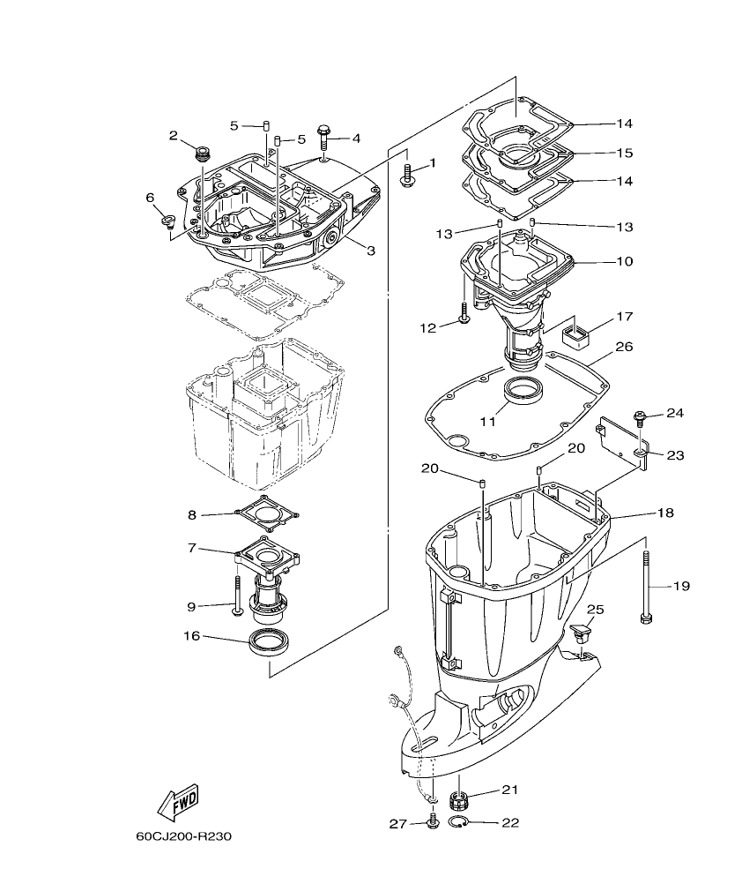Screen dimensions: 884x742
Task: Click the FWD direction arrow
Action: pos(177,803)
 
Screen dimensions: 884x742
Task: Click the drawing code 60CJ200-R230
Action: pos(184,836)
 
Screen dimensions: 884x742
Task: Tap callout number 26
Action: pos(624,347)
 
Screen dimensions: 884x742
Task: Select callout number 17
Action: pos(624,315)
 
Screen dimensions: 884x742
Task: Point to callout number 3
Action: pos(371,251)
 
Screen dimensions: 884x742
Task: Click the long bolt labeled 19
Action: pos(648,586)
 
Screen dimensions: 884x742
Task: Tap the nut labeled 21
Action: pos(458,801)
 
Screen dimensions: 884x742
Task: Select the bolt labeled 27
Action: pos(432,822)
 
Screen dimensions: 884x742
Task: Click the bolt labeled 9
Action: pos(237,596)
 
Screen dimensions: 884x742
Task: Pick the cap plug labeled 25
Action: pos(581,633)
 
